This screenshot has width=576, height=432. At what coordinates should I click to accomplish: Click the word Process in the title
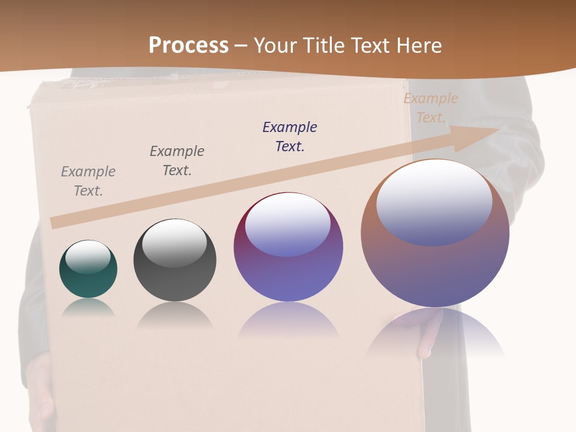click(x=188, y=46)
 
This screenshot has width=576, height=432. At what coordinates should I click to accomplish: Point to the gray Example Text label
click(x=88, y=181)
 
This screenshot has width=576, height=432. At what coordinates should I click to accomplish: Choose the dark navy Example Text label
click(x=290, y=136)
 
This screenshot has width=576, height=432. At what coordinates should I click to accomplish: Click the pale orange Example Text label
click(x=431, y=107)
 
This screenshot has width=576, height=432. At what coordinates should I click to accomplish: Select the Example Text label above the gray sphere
click(x=177, y=160)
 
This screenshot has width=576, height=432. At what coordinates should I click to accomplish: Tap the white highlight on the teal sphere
click(x=88, y=257)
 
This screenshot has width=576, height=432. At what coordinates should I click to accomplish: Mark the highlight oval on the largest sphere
click(x=434, y=203)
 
